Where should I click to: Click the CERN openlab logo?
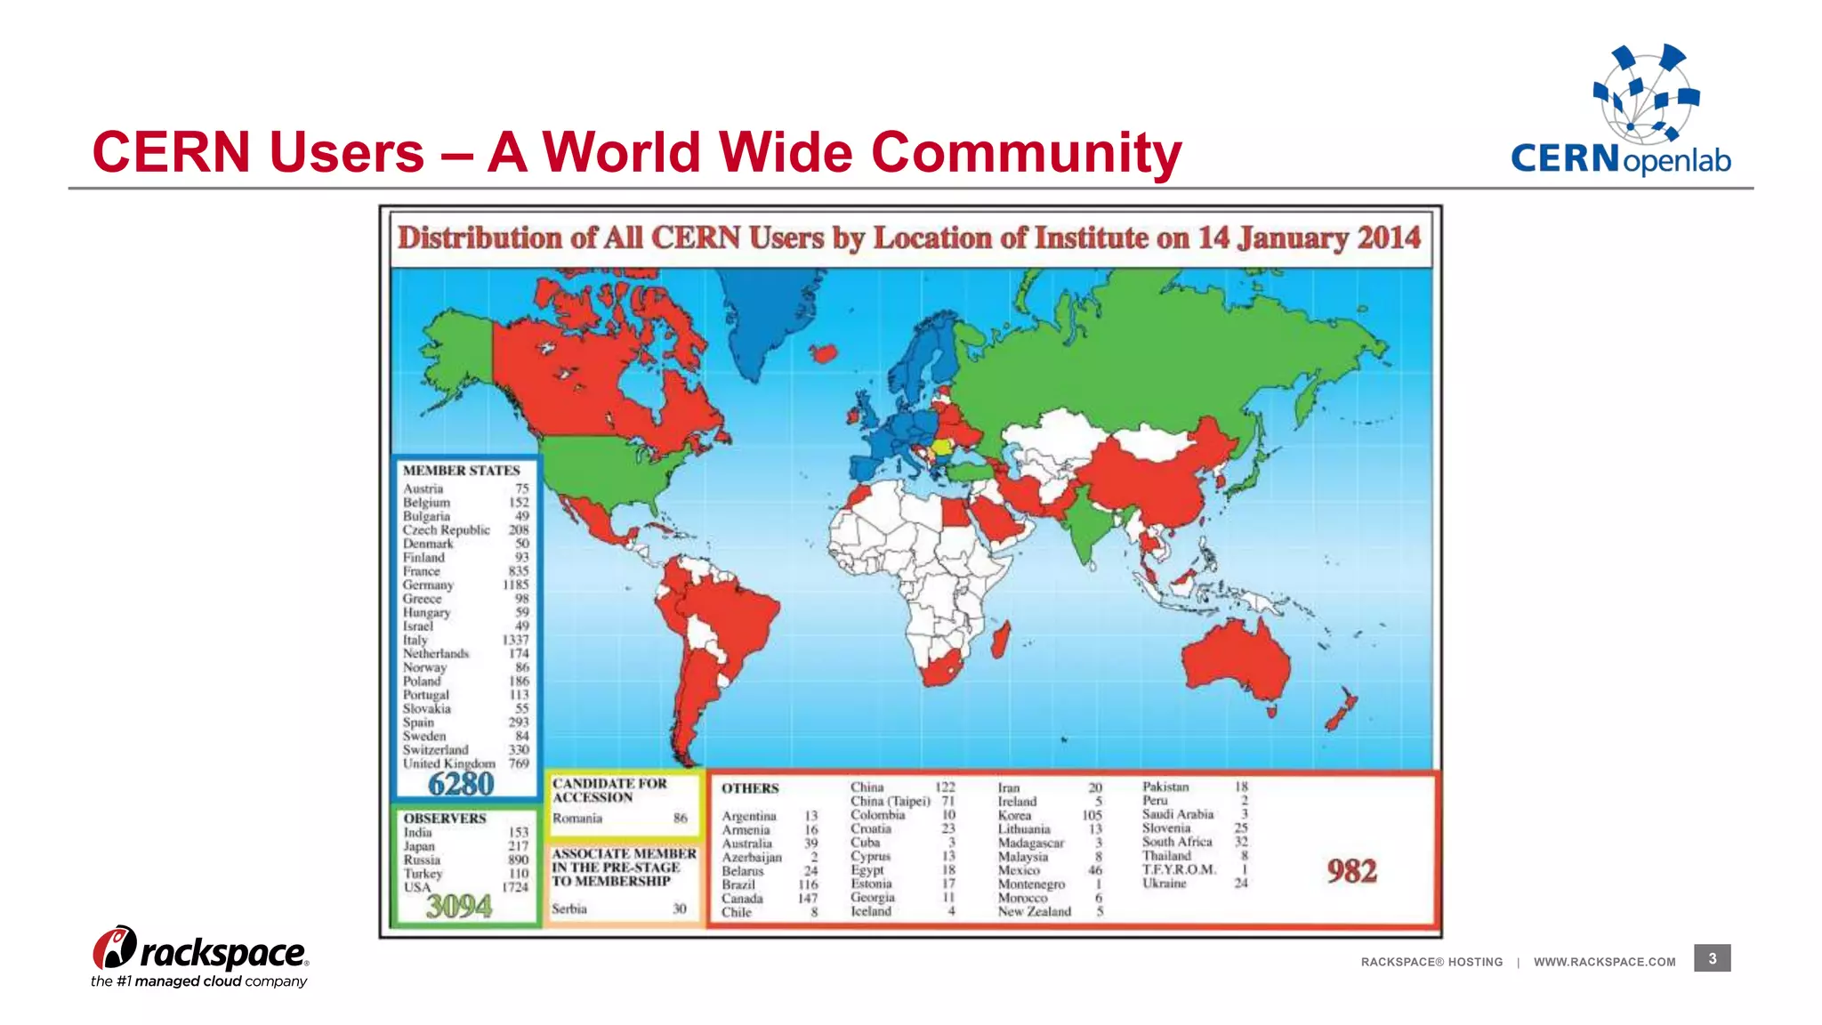[x=1621, y=110]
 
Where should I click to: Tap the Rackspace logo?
[x=200, y=956]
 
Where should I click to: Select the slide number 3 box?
[x=1712, y=958]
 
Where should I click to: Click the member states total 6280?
[x=461, y=784]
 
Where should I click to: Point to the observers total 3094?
[x=459, y=907]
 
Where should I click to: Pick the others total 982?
[x=1351, y=870]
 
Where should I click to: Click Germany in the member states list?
[x=428, y=585]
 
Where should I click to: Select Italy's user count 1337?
[x=515, y=640]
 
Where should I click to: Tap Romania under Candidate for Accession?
[x=577, y=819]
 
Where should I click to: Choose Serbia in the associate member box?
[x=569, y=908]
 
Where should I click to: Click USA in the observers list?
[x=417, y=887]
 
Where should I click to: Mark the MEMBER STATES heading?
[x=461, y=471]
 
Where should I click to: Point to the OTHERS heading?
[x=750, y=788]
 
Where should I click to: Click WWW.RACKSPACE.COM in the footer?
[x=1604, y=962]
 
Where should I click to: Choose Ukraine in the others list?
[x=1165, y=884]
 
